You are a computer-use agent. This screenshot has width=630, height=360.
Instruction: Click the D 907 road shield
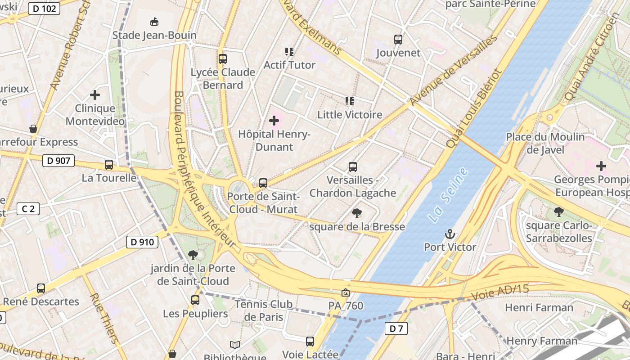[x=58, y=160]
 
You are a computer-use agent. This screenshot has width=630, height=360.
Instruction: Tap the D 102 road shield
[x=44, y=8]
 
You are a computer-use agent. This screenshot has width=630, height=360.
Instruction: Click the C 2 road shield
[x=28, y=209]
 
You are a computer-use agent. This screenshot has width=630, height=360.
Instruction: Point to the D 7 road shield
[x=396, y=328]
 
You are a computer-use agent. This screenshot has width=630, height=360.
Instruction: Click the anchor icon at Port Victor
[x=450, y=234]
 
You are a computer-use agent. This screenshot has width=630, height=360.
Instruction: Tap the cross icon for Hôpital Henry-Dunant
[x=274, y=121]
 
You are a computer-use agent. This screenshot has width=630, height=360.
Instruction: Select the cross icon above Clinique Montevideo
[x=95, y=95]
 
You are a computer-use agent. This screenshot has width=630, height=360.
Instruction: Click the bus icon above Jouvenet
[x=398, y=40]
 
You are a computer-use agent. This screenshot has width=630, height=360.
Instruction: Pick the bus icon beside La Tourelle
[x=109, y=165]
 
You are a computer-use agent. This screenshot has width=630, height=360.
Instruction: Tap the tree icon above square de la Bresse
[x=357, y=213]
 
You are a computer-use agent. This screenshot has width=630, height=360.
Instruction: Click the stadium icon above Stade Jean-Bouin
[x=154, y=22]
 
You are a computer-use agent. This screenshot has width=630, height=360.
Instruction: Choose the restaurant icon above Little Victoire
[x=349, y=101]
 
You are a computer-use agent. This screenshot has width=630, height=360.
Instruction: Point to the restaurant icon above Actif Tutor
[x=289, y=52]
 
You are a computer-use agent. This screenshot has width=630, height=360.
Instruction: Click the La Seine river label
[x=448, y=195]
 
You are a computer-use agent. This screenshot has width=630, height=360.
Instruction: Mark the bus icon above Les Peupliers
[x=195, y=300]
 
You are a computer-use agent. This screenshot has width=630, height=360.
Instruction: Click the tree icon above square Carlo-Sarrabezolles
[x=559, y=211]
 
